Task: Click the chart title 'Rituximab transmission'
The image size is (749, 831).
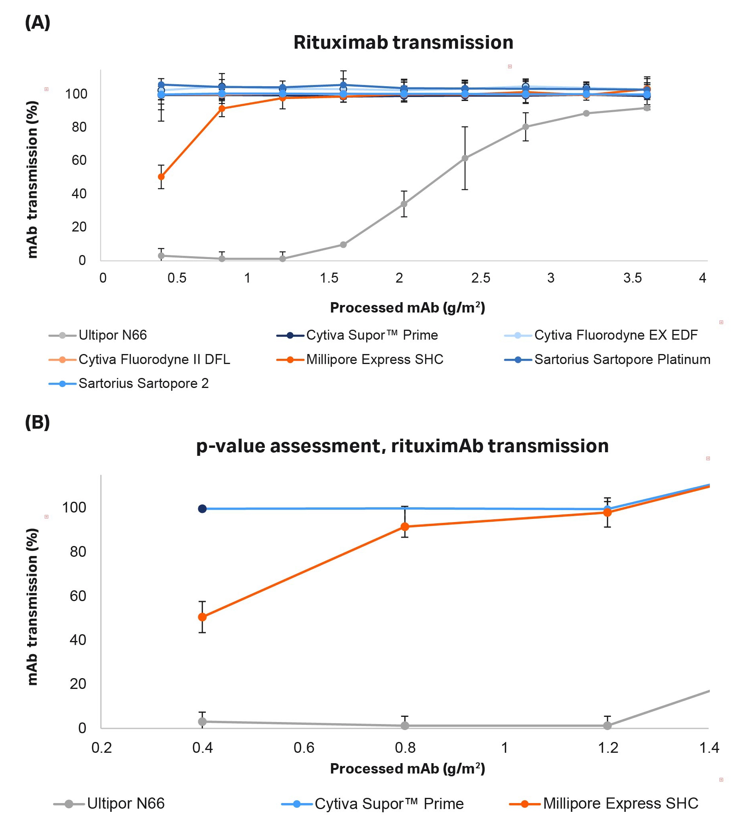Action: pyautogui.click(x=403, y=42)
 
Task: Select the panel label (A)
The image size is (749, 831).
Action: pyautogui.click(x=37, y=22)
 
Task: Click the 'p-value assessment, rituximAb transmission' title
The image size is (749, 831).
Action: pyautogui.click(x=402, y=446)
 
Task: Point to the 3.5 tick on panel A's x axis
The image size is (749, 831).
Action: pyautogui.click(x=632, y=278)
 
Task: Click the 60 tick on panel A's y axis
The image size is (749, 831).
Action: pyautogui.click(x=79, y=160)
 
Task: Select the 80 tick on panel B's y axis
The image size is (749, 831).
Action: pyautogui.click(x=78, y=551)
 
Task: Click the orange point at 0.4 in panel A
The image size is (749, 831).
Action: pyautogui.click(x=161, y=177)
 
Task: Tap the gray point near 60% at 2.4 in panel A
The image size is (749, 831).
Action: pyautogui.click(x=465, y=158)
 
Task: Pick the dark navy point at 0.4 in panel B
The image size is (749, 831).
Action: pyautogui.click(x=202, y=508)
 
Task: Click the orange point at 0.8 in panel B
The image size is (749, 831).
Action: pyautogui.click(x=405, y=527)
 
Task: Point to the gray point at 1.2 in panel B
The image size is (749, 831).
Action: pyautogui.click(x=607, y=726)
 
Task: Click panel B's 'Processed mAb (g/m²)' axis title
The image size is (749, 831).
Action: pyautogui.click(x=408, y=768)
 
